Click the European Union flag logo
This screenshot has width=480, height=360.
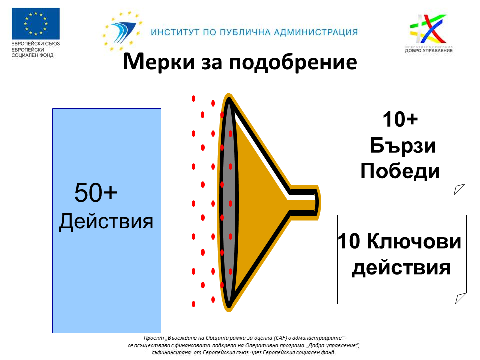(36, 24)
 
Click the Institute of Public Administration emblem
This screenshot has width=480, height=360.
(123, 31)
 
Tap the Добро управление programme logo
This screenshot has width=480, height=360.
(429, 33)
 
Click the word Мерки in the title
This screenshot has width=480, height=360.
(159, 62)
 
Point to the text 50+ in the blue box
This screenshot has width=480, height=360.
(96, 192)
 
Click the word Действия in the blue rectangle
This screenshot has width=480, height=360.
(106, 221)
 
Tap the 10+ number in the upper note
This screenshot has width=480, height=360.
(400, 119)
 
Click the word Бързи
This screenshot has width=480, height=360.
(403, 145)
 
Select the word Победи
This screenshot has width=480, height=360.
(400, 171)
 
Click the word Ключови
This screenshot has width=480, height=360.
(414, 241)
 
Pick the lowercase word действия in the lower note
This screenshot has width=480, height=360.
(401, 268)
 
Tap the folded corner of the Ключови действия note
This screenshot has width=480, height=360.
(461, 298)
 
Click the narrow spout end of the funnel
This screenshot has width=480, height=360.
(317, 202)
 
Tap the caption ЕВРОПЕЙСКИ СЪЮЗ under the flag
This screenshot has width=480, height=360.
(36, 44)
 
